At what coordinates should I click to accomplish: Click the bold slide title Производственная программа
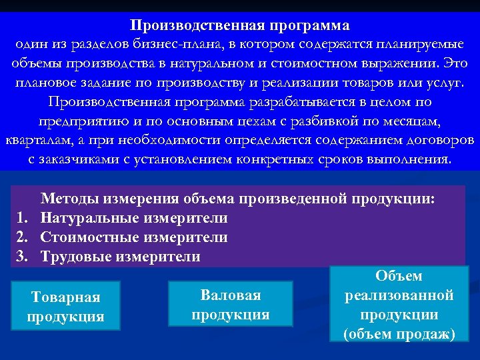tap(239, 26)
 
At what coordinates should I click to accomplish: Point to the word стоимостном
tap(354, 64)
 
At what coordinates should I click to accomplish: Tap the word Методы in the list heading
tap(68, 199)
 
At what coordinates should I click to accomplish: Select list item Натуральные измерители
tap(133, 218)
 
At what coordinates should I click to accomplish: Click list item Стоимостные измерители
tap(133, 237)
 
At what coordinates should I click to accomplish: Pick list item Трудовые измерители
tap(120, 257)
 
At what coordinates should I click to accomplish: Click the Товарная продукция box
tap(66, 307)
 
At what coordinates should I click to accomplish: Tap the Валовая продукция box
tap(231, 304)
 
